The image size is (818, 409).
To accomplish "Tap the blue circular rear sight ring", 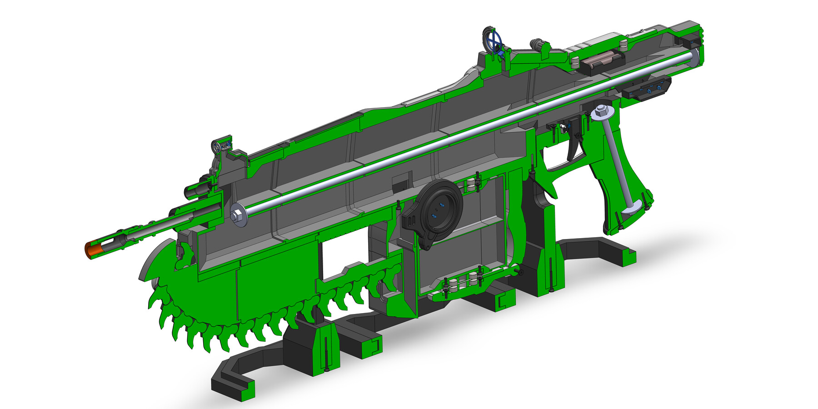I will coord(494,40).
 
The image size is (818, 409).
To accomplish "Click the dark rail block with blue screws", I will coord(645,89).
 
